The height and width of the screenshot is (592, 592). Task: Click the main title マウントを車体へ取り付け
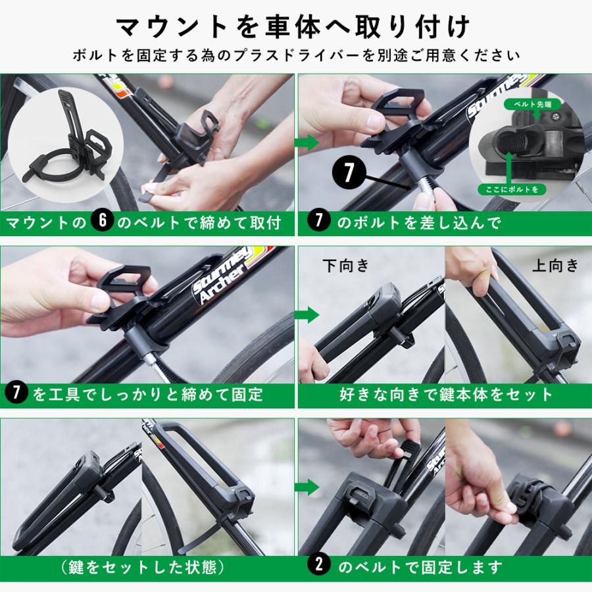(295, 27)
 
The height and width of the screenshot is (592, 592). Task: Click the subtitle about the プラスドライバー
(295, 55)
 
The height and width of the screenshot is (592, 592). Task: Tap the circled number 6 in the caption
(102, 222)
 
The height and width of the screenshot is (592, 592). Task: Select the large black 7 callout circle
(348, 173)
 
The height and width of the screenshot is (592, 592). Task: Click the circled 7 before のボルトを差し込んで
(319, 222)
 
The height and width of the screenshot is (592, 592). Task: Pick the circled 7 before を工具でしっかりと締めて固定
(16, 393)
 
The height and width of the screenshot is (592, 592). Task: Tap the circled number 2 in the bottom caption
(319, 565)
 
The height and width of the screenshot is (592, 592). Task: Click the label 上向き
(555, 265)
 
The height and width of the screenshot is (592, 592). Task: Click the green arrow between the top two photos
(307, 142)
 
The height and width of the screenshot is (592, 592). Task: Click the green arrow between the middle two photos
(307, 314)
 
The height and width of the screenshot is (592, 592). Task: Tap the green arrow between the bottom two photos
(307, 487)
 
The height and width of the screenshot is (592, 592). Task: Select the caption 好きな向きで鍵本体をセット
(446, 394)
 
